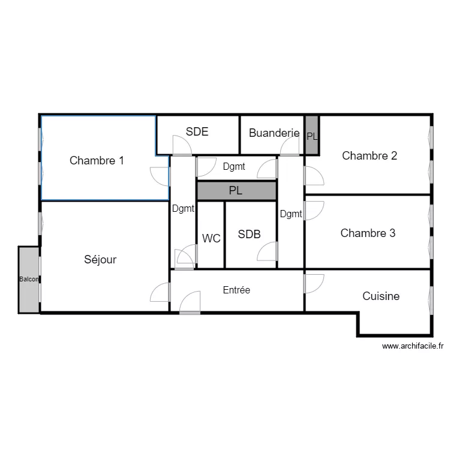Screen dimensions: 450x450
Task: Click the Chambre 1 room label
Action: (x=97, y=160)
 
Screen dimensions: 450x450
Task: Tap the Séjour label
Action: (x=100, y=260)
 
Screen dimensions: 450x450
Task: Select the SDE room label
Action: (x=197, y=132)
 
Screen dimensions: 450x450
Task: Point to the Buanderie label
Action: (x=274, y=133)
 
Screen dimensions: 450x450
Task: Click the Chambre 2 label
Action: (x=370, y=155)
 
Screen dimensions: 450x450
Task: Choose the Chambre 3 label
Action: (x=368, y=233)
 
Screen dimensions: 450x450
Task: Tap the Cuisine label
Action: (x=381, y=296)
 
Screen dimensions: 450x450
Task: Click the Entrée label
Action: (x=236, y=290)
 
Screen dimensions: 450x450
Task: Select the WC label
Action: (x=211, y=238)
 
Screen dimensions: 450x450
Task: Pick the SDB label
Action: (x=249, y=235)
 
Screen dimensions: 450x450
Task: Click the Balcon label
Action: (x=29, y=279)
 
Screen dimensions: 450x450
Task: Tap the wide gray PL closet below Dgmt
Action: (x=236, y=191)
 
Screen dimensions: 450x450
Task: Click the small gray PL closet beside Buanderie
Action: (x=311, y=135)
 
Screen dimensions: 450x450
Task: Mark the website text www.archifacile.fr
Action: (x=413, y=346)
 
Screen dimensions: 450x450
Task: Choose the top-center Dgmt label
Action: (x=234, y=166)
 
